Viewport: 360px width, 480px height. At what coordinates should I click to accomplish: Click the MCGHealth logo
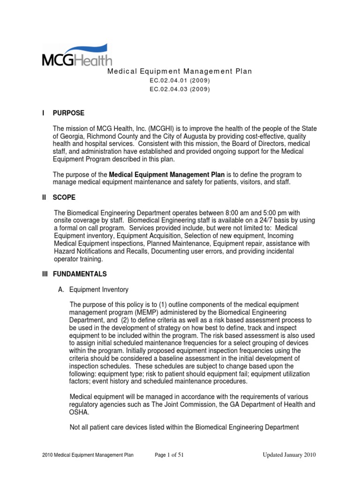point(77,55)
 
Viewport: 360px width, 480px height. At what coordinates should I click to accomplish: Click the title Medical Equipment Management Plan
point(180,71)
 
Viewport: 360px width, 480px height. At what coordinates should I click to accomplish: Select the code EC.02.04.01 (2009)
point(180,80)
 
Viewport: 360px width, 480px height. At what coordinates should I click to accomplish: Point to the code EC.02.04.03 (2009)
point(180,89)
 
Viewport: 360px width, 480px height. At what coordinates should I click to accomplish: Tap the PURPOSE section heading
point(68,113)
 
